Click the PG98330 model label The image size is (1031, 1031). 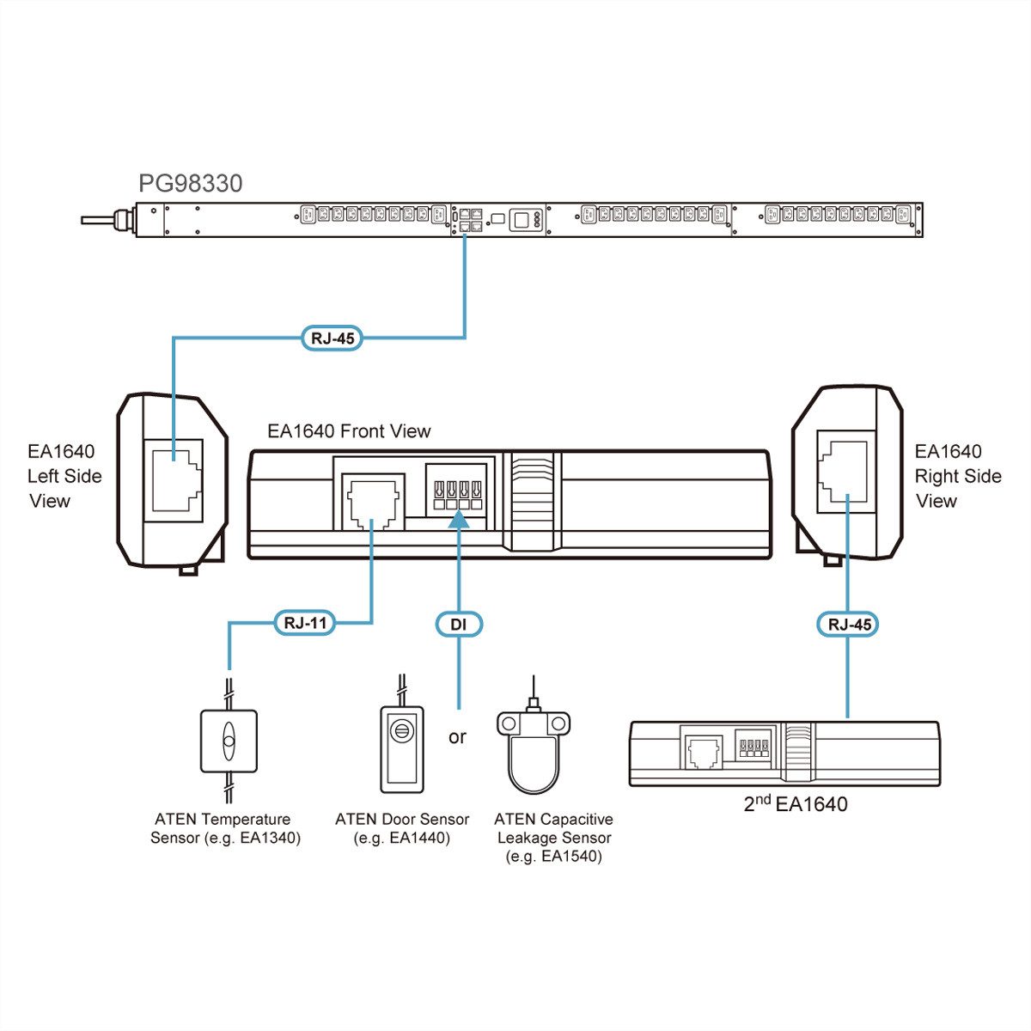point(191,183)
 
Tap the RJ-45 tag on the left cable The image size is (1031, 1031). point(331,338)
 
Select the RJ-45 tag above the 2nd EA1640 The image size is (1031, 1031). point(849,625)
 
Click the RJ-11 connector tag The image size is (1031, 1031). point(305,623)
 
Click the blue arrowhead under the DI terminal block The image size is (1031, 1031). point(458,519)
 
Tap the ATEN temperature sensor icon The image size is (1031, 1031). point(229,740)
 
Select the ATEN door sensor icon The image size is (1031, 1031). point(402,748)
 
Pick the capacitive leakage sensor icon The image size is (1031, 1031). point(534,748)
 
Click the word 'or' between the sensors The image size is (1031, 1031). point(457,736)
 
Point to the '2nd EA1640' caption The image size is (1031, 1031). point(795,804)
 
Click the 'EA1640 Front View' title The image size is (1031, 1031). point(349,431)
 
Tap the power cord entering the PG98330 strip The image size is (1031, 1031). point(103,221)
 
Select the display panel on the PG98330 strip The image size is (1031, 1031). point(522,219)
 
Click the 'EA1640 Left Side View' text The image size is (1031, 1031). point(64,476)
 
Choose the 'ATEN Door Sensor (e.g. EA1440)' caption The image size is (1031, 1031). point(402,828)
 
